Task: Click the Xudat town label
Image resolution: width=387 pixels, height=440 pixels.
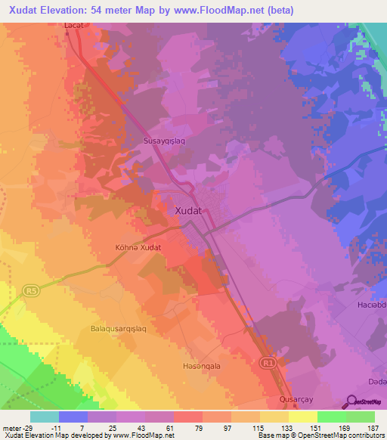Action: click(188, 212)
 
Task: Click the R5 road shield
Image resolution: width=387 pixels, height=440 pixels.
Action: click(30, 289)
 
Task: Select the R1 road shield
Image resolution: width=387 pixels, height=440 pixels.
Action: click(268, 364)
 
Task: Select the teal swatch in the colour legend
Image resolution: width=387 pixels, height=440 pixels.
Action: click(45, 417)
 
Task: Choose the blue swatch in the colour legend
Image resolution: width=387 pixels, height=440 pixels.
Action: click(73, 417)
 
